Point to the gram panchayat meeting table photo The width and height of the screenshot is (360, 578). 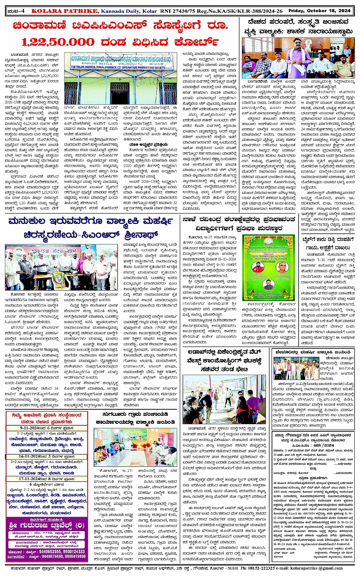coord(140,447)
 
